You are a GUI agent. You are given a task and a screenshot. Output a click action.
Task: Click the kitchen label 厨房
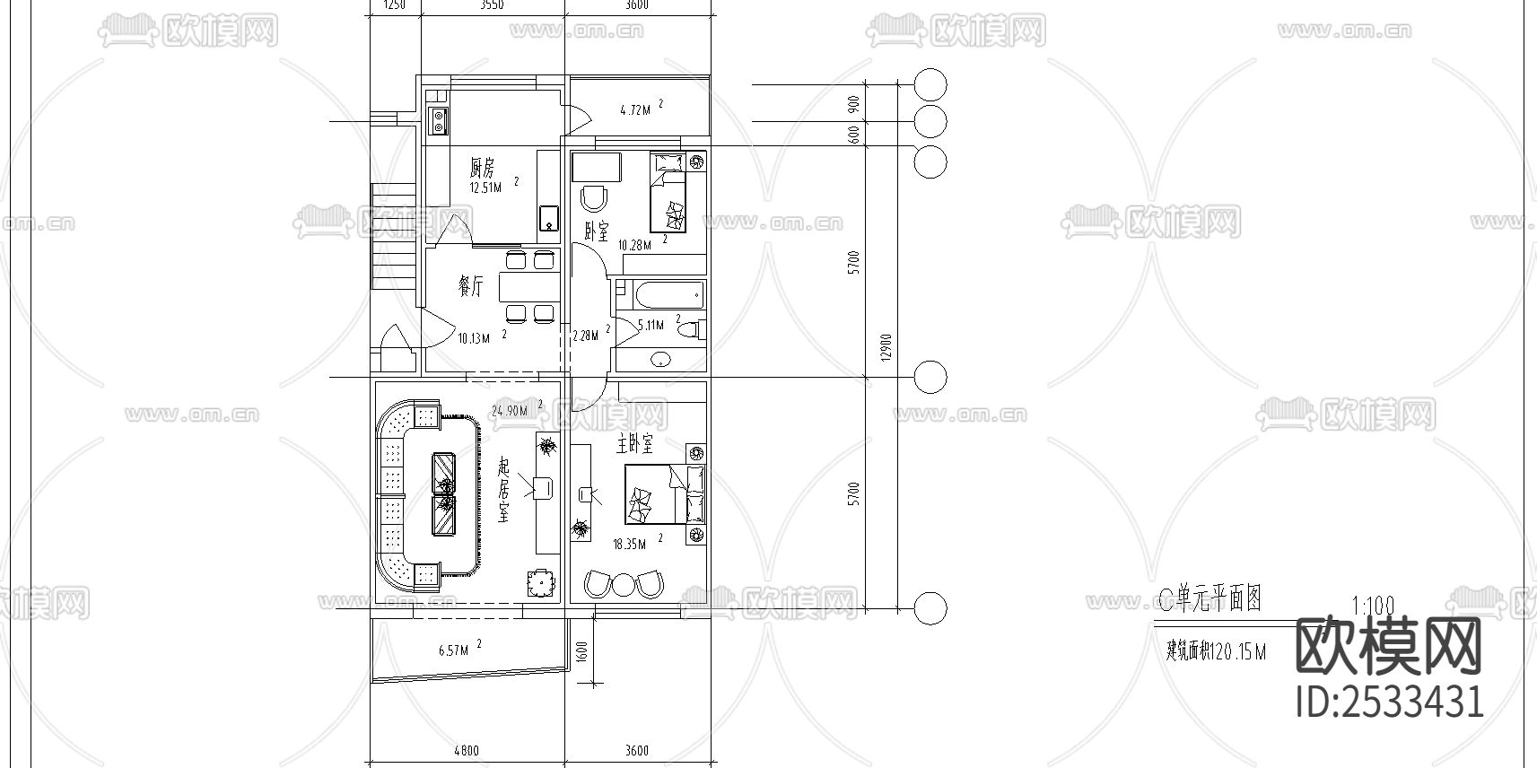click(x=482, y=168)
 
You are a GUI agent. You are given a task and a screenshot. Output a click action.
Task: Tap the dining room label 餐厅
click(x=471, y=287)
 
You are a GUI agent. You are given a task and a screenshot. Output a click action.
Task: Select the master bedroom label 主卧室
click(x=634, y=444)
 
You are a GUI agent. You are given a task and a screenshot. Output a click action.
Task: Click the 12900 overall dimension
click(x=886, y=348)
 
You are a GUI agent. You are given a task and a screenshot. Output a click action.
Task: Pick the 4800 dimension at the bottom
click(x=466, y=751)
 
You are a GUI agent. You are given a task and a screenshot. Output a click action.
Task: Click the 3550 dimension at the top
click(x=492, y=5)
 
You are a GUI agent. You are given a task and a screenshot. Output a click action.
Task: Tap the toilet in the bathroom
click(x=690, y=331)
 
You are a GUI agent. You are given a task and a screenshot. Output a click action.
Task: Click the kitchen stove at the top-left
click(x=439, y=120)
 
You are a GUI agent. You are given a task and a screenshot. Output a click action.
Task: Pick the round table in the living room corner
click(x=538, y=584)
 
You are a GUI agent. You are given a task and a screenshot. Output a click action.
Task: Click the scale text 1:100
click(x=1372, y=607)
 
